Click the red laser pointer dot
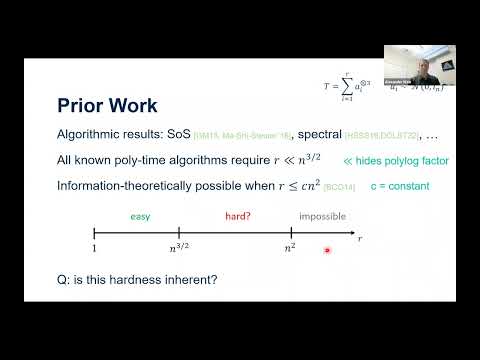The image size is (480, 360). (327, 250)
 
